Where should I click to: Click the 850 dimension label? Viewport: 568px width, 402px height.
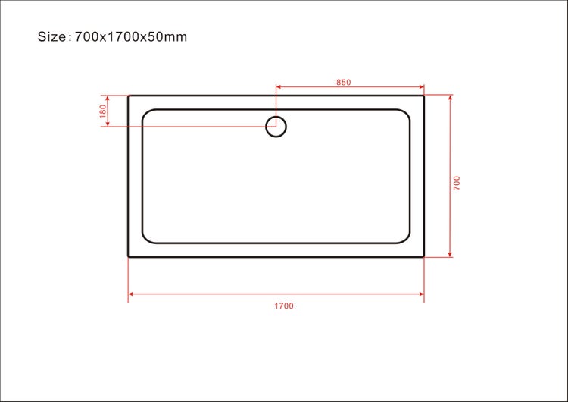click(x=343, y=82)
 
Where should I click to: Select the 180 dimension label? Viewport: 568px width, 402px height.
click(x=102, y=111)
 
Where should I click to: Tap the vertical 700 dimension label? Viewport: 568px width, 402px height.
click(x=457, y=182)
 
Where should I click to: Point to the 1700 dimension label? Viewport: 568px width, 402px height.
click(x=283, y=306)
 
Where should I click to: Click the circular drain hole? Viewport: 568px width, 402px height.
click(x=276, y=127)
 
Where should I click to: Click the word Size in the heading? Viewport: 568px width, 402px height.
click(x=53, y=36)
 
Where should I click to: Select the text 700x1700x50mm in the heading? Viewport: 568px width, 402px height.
click(x=131, y=36)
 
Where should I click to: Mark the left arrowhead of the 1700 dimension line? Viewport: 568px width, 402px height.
click(x=131, y=293)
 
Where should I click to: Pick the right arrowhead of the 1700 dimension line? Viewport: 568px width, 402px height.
click(x=420, y=293)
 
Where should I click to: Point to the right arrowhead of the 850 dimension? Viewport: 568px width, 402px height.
click(x=420, y=87)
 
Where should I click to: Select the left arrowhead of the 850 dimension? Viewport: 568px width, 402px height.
click(x=279, y=87)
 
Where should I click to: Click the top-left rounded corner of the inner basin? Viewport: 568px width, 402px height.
click(x=147, y=114)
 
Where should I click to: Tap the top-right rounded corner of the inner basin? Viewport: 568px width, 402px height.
click(x=406, y=114)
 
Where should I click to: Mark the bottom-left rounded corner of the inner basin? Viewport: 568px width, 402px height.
click(x=147, y=239)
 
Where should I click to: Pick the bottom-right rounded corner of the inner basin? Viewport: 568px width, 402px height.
click(x=406, y=239)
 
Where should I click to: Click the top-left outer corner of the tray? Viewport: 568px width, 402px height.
click(x=129, y=96)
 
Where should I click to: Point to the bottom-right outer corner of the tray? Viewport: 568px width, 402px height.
click(x=423, y=256)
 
